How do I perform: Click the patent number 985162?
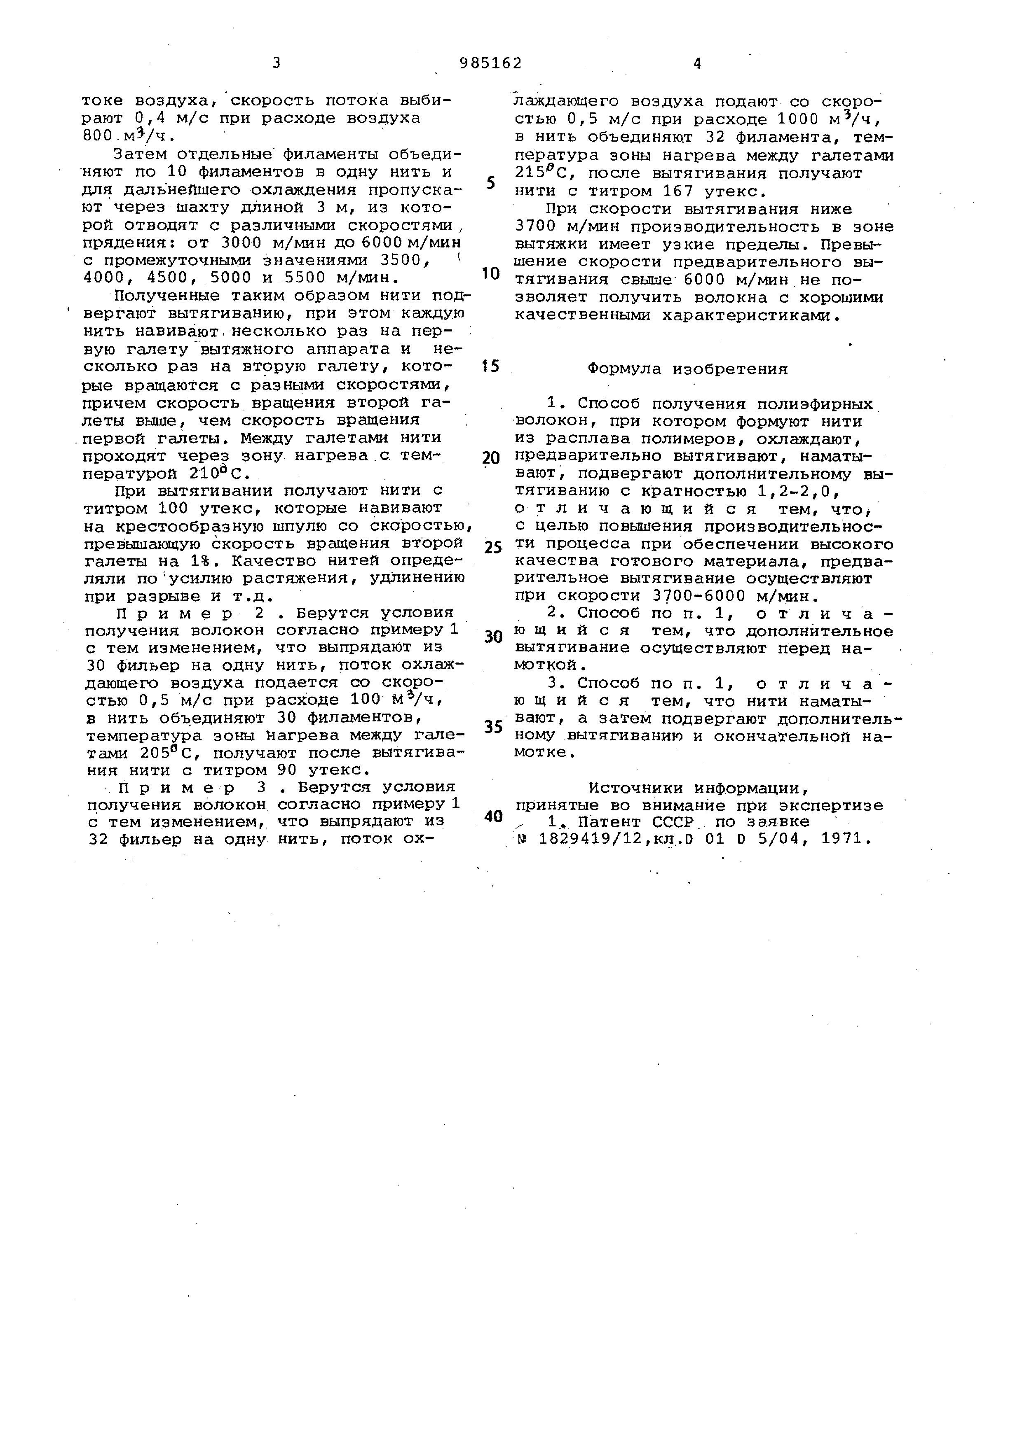coord(491,63)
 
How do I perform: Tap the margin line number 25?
coord(493,548)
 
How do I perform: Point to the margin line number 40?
coord(493,816)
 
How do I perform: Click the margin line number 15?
coord(491,366)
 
